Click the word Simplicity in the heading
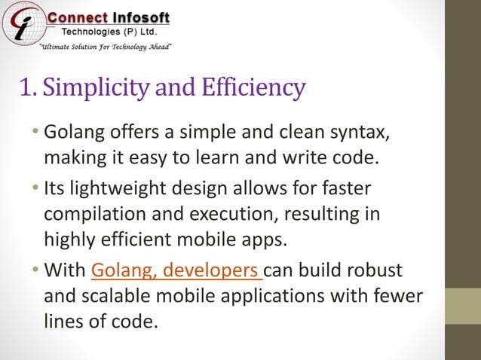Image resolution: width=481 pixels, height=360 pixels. click(99, 87)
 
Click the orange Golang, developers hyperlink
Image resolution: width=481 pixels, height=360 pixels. click(176, 270)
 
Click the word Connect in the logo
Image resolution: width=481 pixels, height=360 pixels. click(77, 18)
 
